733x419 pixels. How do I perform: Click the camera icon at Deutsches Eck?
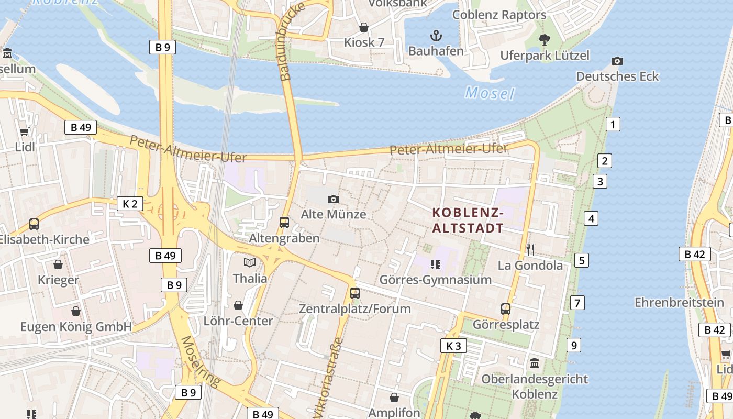[x=617, y=61]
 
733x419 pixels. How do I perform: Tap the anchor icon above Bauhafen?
[x=436, y=36]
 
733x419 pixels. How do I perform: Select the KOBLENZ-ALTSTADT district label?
[x=468, y=220]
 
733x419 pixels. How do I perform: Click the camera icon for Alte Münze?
[x=333, y=199]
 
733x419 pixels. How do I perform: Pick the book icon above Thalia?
[x=250, y=262]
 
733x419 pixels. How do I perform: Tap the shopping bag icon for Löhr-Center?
[x=238, y=305]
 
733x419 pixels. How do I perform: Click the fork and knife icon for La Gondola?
[x=530, y=249]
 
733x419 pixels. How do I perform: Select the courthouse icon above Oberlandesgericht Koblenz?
[x=535, y=363]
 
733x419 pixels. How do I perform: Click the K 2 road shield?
[x=130, y=204]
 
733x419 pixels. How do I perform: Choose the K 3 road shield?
[x=453, y=346]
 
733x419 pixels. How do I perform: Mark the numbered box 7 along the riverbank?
[x=577, y=303]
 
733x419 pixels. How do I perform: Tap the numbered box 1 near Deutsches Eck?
[x=613, y=125]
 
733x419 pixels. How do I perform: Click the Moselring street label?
[x=199, y=361]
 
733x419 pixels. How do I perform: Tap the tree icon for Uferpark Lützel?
[x=545, y=39]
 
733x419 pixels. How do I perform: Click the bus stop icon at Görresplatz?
[x=505, y=309]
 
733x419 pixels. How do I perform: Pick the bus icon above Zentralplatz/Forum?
[x=354, y=293]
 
